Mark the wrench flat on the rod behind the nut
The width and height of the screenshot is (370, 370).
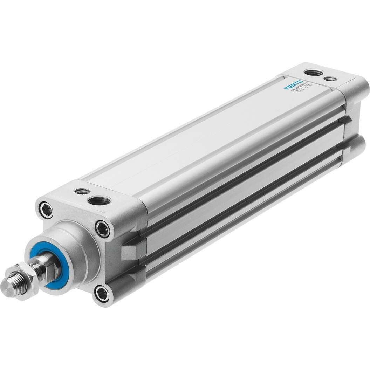47,268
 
